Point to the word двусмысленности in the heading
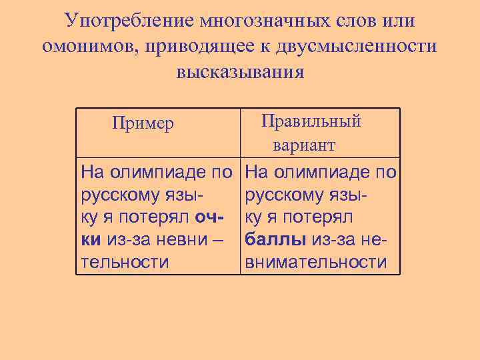[359, 46]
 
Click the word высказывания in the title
[240, 71]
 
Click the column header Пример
[143, 123]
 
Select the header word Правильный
[311, 121]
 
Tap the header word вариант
[303, 145]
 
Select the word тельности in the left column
[125, 262]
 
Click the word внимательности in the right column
[316, 262]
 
